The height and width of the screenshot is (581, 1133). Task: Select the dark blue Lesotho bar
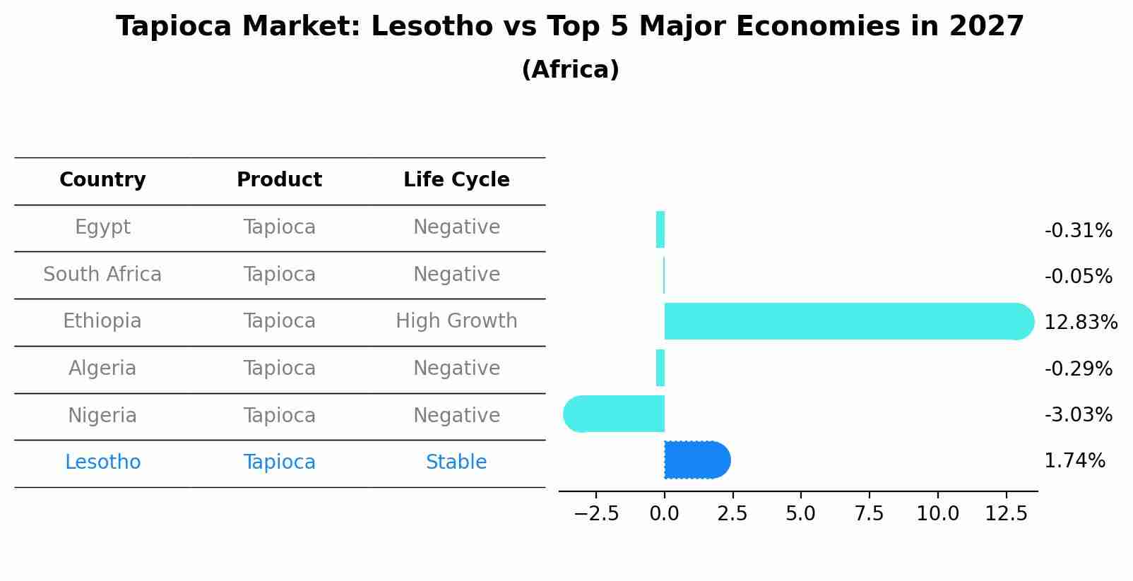696,460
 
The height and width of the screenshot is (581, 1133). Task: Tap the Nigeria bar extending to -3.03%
615,414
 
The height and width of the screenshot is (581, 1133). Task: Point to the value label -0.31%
1078,231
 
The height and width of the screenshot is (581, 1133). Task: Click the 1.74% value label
1074,461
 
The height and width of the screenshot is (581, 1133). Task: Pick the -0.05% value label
1078,277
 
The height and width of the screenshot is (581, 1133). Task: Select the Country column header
102,180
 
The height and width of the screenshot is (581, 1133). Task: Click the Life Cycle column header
456,180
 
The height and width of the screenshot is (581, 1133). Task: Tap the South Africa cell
102,275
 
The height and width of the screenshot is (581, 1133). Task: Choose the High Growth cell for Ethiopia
456,321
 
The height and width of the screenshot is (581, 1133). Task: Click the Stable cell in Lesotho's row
456,462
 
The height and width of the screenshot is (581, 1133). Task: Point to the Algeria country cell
102,369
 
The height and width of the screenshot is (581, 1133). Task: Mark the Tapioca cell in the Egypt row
279,227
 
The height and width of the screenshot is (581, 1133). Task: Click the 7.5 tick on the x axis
869,514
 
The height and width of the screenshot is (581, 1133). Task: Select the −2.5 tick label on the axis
596,514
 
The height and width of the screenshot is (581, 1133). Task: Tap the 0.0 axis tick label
664,514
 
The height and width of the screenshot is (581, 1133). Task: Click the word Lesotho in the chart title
432,27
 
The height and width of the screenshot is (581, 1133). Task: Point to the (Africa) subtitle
570,70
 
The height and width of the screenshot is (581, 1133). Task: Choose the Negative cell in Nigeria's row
456,416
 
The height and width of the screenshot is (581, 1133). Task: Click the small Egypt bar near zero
660,229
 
